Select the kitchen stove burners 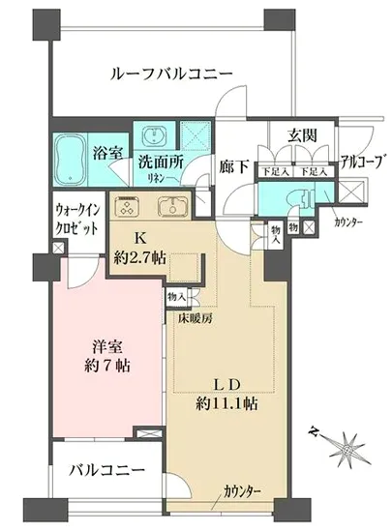tap(129, 206)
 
